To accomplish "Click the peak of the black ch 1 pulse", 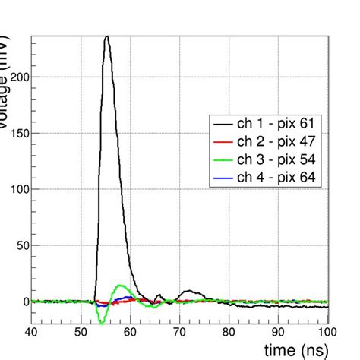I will tap(107, 36).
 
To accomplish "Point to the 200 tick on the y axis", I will tap(18, 77).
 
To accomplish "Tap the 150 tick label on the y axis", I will tap(18, 133).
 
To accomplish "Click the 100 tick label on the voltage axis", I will tap(18, 189).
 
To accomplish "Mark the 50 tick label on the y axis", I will tap(21, 245).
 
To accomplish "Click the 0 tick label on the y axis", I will tap(24, 302).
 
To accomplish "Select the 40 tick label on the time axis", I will tap(32, 332).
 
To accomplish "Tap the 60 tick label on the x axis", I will tap(131, 332).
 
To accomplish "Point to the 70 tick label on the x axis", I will tap(180, 332).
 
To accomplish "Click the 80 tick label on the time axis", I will tap(229, 332).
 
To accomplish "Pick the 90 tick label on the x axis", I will tap(279, 332).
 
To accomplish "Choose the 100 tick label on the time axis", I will tap(327, 332).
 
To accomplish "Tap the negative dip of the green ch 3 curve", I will tap(102, 321).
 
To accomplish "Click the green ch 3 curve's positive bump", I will tap(122, 286).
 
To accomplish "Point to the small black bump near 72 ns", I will tap(189, 291).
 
